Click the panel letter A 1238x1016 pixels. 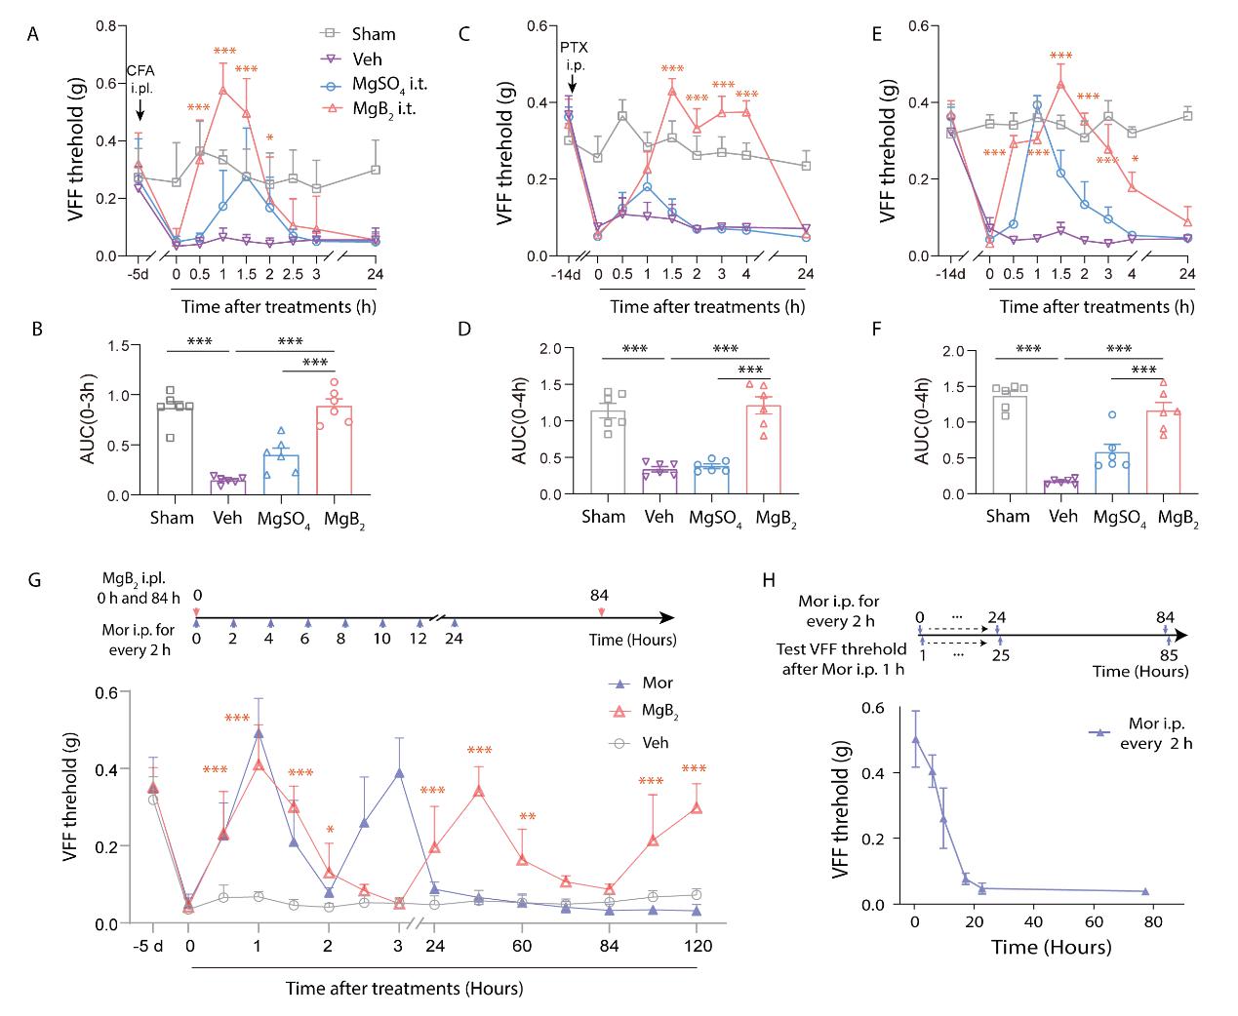[33, 35]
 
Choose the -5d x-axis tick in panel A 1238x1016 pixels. [137, 274]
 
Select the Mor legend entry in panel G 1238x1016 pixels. [658, 684]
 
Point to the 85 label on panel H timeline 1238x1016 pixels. [1169, 654]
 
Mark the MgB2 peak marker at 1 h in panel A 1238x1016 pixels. [222, 91]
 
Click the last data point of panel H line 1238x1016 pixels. [1145, 891]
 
